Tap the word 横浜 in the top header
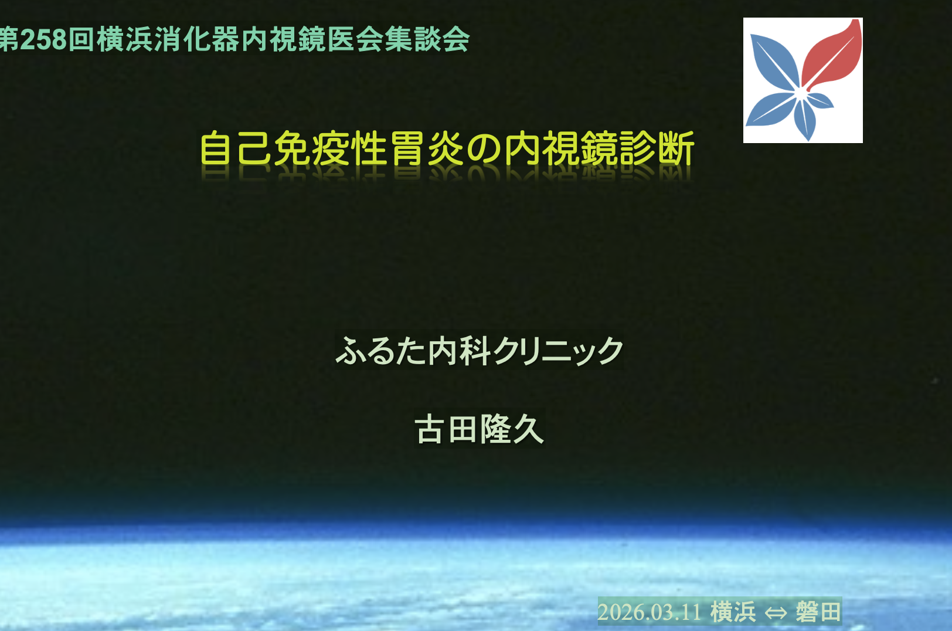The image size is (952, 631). point(125,40)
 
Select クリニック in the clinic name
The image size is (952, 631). point(557,351)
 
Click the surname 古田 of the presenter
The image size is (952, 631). point(446,429)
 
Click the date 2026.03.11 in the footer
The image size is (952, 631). point(650,612)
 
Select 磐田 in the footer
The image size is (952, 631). point(818,612)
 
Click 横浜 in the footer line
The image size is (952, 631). point(733,612)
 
